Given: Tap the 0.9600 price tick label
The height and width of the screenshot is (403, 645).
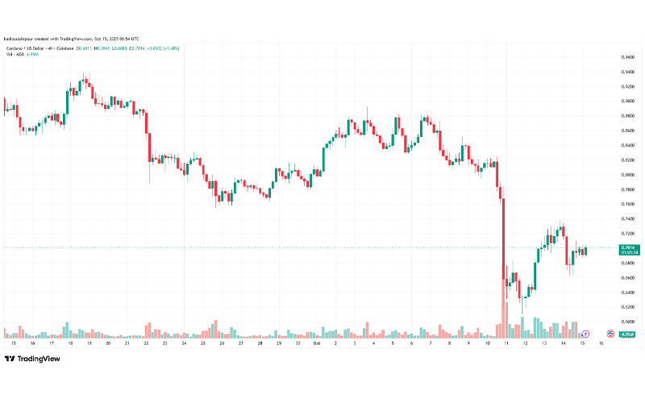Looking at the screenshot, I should click(626, 57).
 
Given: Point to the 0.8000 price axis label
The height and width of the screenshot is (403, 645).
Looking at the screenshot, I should click(626, 175).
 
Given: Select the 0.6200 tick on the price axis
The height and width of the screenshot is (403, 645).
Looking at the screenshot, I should click(626, 307).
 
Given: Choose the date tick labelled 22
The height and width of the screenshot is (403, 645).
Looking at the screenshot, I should click(147, 343).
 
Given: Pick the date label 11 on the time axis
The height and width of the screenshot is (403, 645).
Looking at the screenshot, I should click(506, 343).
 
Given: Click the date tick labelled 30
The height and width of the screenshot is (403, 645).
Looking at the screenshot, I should click(298, 343).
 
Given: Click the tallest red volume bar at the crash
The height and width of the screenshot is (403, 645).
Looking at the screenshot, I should click(506, 319).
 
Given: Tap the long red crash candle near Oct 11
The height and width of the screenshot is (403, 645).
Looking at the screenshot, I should click(503, 242).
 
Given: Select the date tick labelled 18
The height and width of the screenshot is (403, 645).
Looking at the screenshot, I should click(70, 343).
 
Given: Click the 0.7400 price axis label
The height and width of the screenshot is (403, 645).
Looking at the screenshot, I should click(626, 219).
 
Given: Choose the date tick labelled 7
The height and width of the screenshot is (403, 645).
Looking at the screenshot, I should click(430, 343).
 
